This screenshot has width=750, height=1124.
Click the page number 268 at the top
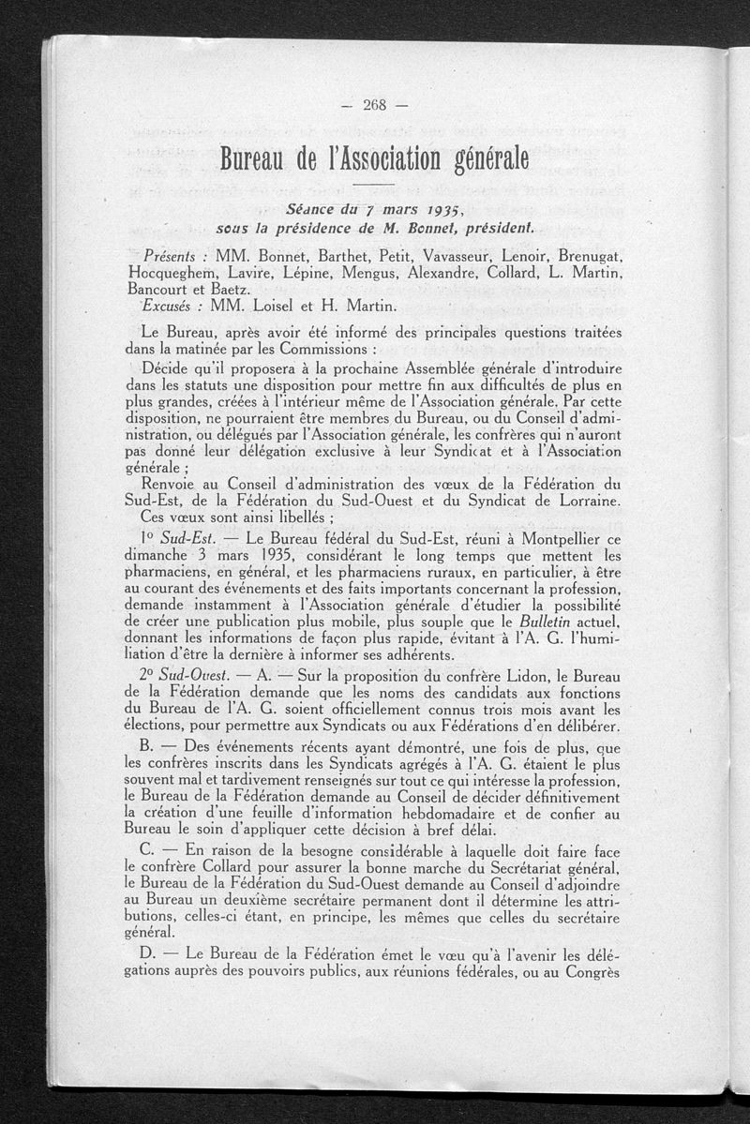[x=374, y=104]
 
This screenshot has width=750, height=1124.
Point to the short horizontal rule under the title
[x=374, y=185]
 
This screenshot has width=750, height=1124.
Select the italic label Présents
[x=170, y=256]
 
